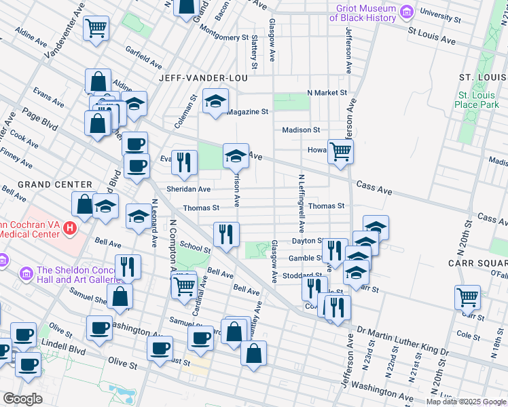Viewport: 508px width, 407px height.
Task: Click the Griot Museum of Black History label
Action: [365, 12]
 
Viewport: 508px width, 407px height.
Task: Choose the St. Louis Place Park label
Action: [478, 100]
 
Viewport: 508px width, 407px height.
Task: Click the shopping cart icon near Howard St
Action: [340, 151]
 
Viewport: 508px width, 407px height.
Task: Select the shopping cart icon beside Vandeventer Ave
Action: [96, 28]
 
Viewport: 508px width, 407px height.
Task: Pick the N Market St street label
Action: [327, 92]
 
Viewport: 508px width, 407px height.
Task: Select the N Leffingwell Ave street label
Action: [300, 203]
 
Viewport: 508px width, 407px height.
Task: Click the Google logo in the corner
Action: [23, 399]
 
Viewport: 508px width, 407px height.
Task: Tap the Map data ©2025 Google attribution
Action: [467, 402]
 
